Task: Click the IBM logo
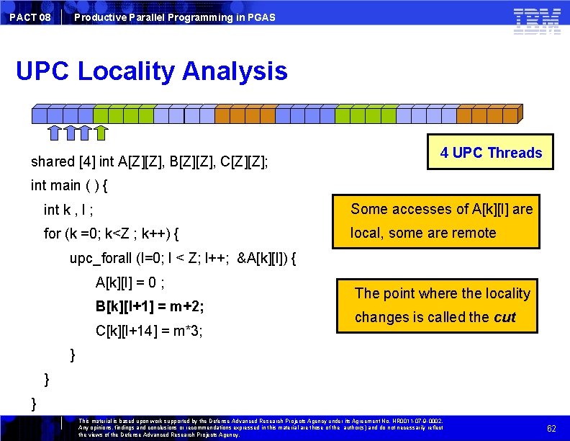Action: coord(537,20)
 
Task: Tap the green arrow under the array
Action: coord(101,131)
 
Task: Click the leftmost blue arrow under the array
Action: coord(55,131)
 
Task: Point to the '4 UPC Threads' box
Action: coord(491,152)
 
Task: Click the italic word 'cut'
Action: coord(504,317)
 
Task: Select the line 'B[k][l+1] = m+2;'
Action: coord(150,306)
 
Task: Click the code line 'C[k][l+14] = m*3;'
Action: coord(149,331)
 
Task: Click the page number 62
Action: coord(551,428)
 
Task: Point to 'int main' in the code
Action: coord(56,185)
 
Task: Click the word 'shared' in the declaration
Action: coord(53,161)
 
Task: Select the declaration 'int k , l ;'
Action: coord(68,210)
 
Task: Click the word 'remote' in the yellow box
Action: coord(470,233)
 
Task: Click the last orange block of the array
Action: coord(512,114)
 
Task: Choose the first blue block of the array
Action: coord(40,114)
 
